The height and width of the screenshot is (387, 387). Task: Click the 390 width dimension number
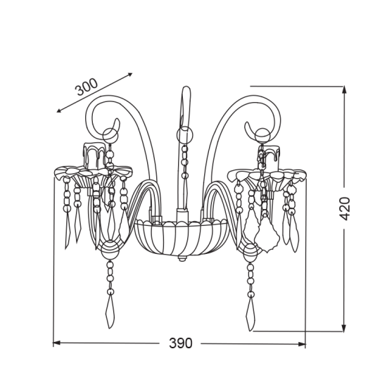point(180,343)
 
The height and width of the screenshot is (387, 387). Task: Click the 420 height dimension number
point(345,208)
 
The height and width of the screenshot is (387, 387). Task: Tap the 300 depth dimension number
point(87,87)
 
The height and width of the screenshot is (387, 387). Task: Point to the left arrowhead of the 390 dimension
point(56,343)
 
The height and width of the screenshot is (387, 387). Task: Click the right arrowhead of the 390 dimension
point(302,344)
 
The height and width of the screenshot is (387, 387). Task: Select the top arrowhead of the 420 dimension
point(344,90)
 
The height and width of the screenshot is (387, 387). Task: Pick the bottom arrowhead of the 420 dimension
point(343,328)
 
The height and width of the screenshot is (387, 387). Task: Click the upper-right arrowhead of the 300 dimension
point(129,75)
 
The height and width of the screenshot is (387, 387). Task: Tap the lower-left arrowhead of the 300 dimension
point(60,110)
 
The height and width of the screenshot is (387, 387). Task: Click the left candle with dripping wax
point(94,156)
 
